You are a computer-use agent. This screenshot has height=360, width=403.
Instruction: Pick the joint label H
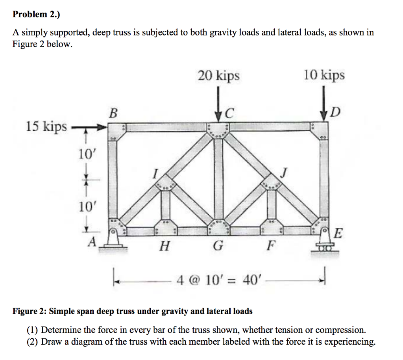tap(164, 247)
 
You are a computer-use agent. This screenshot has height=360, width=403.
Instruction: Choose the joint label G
tap(217, 247)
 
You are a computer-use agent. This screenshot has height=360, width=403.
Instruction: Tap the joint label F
tap(270, 247)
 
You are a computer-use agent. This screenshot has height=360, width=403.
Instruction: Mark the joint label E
tap(338, 234)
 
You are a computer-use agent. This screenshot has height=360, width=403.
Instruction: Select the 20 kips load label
tap(218, 75)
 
